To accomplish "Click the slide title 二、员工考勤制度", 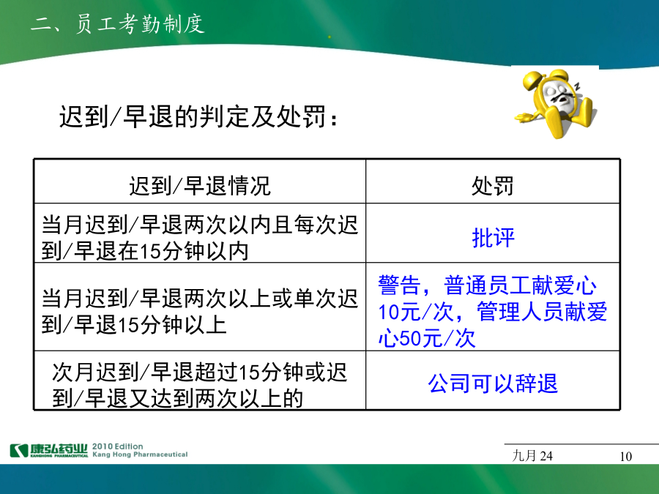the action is click(118, 23).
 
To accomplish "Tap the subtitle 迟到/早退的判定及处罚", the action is click(198, 116).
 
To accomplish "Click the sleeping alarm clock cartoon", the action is click(556, 103).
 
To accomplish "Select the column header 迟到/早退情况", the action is click(200, 186).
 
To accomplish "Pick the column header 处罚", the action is click(493, 186).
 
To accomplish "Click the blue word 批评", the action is click(493, 238).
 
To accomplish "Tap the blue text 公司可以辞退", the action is click(493, 383).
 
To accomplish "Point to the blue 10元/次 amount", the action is click(416, 312).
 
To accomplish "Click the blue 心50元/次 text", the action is click(427, 338).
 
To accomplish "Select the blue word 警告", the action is click(400, 285).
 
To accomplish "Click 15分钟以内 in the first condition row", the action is click(194, 251).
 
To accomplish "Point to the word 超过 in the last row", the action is click(216, 373).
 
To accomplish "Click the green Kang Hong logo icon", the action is click(19, 450).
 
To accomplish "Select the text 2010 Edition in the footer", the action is click(118, 446).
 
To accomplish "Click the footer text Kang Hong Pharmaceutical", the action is click(140, 454).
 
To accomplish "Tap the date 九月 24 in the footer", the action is click(532, 456).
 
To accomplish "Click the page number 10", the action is click(626, 456).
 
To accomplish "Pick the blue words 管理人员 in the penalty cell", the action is click(521, 312).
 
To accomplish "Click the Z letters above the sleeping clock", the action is click(577, 86).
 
